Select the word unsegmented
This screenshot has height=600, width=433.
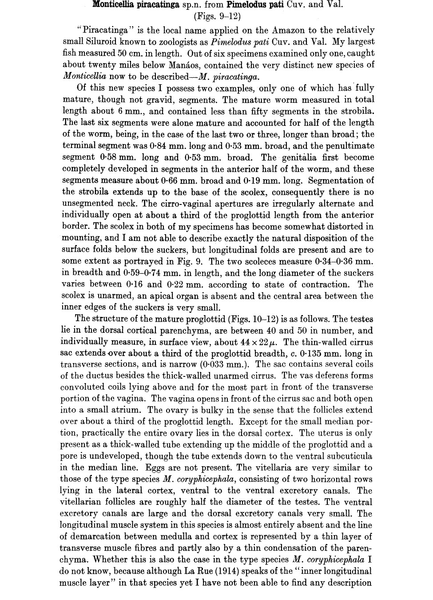pos(88,204)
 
